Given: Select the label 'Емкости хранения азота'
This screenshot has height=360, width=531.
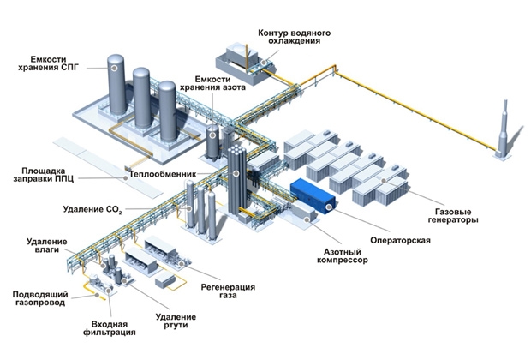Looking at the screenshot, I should (x=220, y=83).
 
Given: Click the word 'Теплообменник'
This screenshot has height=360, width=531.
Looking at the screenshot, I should (x=161, y=174).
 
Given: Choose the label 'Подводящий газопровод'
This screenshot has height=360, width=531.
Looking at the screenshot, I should (x=37, y=299).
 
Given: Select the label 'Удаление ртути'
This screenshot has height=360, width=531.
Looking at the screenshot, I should (x=172, y=321).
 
